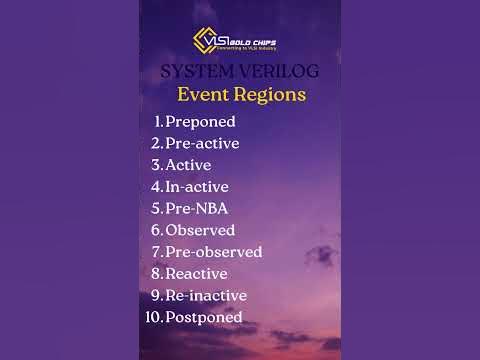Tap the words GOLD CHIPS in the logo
pyautogui.click(x=253, y=38)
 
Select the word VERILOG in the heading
pyautogui.click(x=271, y=71)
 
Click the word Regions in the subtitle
pyautogui.click(x=273, y=96)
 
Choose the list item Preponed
pyautogui.click(x=200, y=121)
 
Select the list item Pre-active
pyautogui.click(x=202, y=143)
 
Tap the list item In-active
pyautogui.click(x=197, y=186)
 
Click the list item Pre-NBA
pyautogui.click(x=194, y=208)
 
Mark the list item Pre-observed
pyautogui.click(x=213, y=252)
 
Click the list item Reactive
pyautogui.click(x=196, y=273)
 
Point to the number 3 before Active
pyautogui.click(x=156, y=165)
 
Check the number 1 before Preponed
pyautogui.click(x=157, y=121)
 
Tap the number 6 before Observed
pyautogui.click(x=156, y=230)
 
